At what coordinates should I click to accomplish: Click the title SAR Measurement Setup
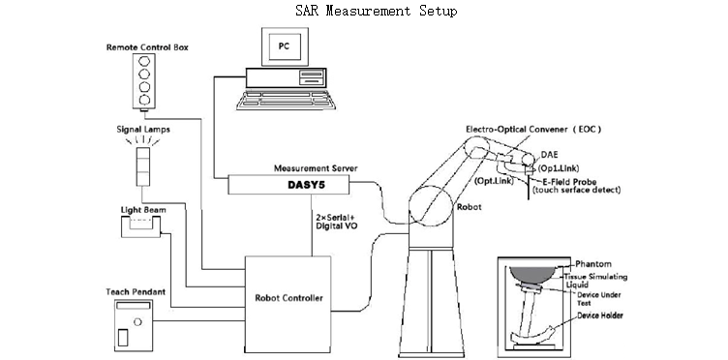[376, 11]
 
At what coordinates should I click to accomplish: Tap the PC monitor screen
[285, 46]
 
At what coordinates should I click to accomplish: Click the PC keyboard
[286, 100]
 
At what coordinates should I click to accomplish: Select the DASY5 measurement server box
[288, 185]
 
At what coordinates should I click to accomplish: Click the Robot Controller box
[288, 304]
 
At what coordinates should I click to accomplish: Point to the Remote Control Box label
[147, 47]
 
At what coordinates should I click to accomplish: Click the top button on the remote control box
[144, 61]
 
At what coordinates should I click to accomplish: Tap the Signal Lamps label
[143, 130]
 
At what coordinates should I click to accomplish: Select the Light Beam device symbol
[140, 226]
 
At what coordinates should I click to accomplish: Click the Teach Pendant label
[136, 292]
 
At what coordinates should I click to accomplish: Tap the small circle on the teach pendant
[136, 321]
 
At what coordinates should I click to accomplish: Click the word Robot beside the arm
[469, 207]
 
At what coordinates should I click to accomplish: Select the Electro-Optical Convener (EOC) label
[533, 130]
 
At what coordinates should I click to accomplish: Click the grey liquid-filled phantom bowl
[532, 275]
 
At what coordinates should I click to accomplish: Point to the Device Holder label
[600, 315]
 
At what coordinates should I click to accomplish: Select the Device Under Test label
[599, 299]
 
